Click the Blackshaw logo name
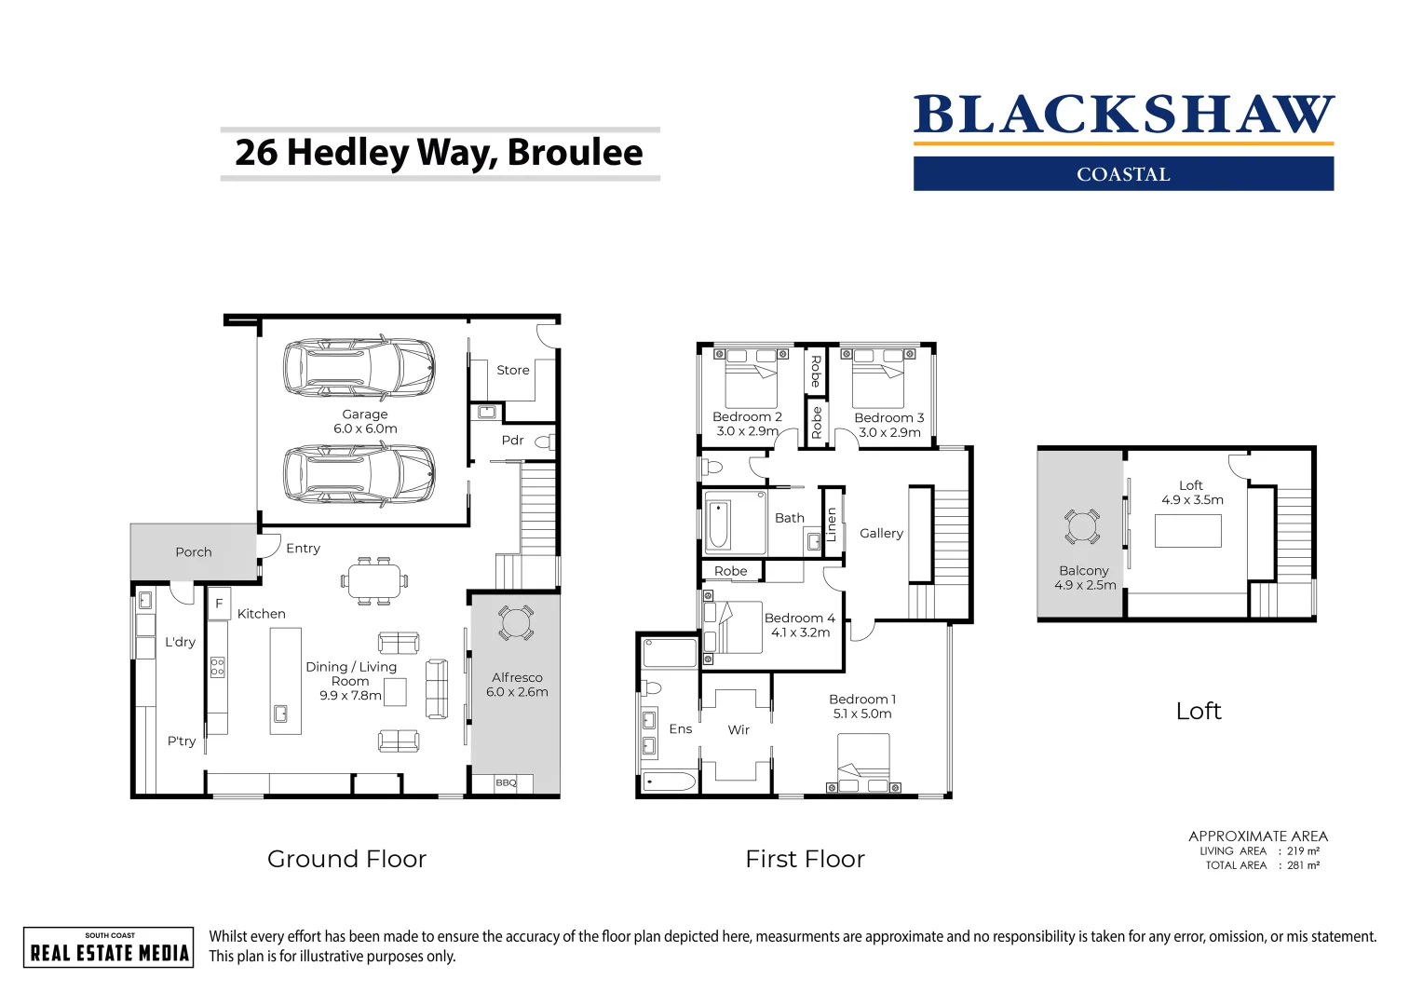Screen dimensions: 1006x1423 (1123, 116)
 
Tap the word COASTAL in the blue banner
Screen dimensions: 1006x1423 (1123, 174)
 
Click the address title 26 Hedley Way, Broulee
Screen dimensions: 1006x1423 (439, 153)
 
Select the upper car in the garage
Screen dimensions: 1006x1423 (359, 367)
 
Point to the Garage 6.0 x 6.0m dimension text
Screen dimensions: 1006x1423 (365, 428)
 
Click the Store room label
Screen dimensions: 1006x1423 (512, 370)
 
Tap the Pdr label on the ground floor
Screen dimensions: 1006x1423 (512, 441)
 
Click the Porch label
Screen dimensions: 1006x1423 (194, 552)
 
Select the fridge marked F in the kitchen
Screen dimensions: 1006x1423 (219, 604)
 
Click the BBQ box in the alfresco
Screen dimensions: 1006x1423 (507, 783)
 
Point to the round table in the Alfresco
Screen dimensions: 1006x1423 (516, 622)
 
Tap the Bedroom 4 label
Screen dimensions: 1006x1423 (799, 619)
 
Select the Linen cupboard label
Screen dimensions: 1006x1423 (832, 524)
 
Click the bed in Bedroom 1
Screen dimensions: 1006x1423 (863, 759)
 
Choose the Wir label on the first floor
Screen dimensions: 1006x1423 (739, 730)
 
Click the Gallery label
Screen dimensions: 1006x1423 (881, 534)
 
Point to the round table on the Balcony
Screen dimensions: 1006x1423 (1081, 527)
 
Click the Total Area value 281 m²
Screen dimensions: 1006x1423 (1303, 865)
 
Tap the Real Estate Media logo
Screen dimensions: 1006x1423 (109, 948)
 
